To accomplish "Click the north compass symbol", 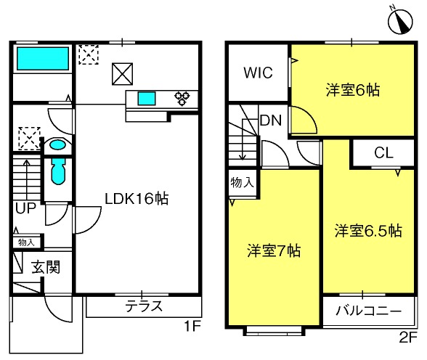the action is point(400,20).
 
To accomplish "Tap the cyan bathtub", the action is point(43,59).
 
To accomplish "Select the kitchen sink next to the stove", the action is point(147,99).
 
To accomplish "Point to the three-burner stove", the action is point(182,98).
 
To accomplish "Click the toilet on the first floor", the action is point(58,171).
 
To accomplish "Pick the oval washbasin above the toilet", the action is point(57,144).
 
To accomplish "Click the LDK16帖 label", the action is point(137,199).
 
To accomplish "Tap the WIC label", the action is point(258,73).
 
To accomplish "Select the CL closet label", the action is point(383,153).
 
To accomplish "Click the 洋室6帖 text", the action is point(353,90).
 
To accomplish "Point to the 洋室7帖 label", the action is point(274,250).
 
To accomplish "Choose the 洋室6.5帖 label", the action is point(368,231).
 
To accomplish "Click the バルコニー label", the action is point(369,311).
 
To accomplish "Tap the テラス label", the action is point(144,306).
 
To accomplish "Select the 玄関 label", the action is point(46,267).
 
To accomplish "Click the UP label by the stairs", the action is point(25,208).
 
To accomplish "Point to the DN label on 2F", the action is point(270,120).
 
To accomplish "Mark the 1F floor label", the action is point(192,326).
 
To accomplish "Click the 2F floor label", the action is point(408,337).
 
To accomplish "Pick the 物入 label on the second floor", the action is point(242,182).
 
